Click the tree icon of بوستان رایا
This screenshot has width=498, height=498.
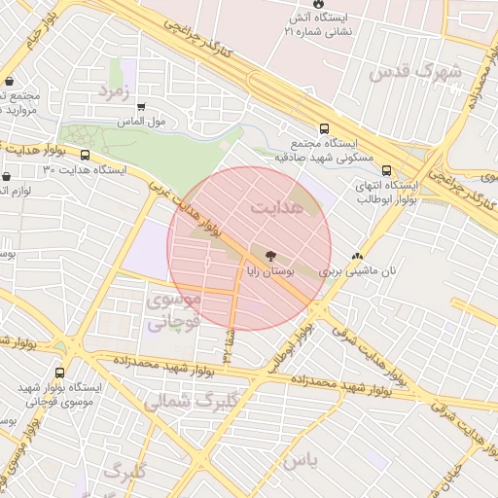(x=256, y=256)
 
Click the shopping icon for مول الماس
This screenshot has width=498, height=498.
(x=141, y=107)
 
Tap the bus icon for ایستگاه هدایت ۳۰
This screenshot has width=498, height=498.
(x=86, y=155)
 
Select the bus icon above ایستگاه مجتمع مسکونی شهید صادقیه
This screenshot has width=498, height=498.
(x=324, y=127)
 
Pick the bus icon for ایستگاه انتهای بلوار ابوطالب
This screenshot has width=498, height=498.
(x=388, y=168)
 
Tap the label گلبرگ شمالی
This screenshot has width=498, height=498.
(x=179, y=400)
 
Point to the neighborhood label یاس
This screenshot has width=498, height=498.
(x=301, y=462)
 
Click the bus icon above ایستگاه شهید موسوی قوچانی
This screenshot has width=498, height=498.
(x=60, y=373)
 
